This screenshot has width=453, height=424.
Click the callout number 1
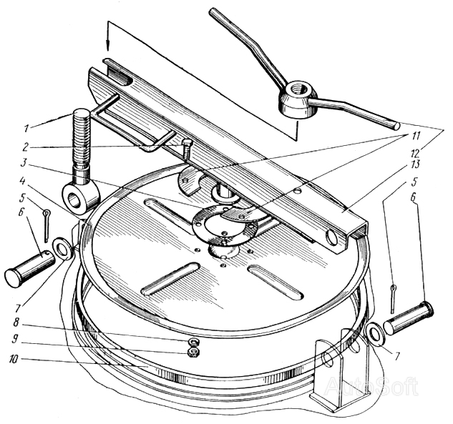(x=27, y=127)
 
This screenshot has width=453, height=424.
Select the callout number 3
(x=24, y=163)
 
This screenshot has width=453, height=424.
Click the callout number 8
(x=16, y=322)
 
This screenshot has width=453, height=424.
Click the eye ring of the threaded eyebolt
(x=82, y=199)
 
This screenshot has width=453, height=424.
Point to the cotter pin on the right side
(x=394, y=298)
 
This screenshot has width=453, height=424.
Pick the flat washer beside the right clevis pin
(x=375, y=334)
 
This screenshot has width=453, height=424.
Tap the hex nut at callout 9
(x=192, y=352)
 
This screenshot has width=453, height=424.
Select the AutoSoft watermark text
(x=372, y=385)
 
